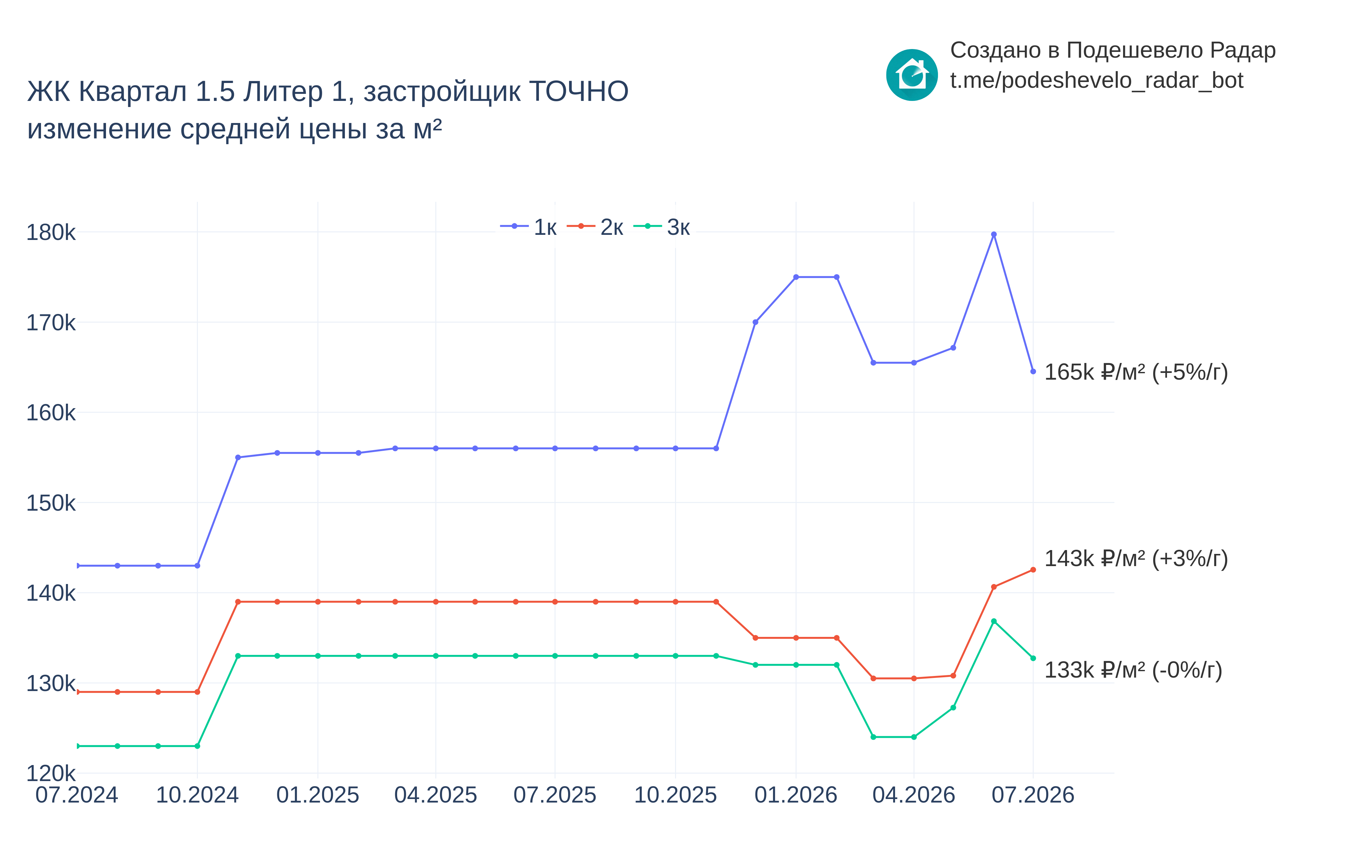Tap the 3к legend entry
click(662, 227)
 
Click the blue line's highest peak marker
click(994, 234)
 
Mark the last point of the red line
click(1033, 570)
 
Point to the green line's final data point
click(1033, 658)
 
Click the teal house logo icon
click(912, 75)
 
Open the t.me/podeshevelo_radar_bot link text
click(1097, 80)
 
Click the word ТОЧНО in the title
click(579, 92)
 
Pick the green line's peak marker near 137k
click(994, 621)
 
